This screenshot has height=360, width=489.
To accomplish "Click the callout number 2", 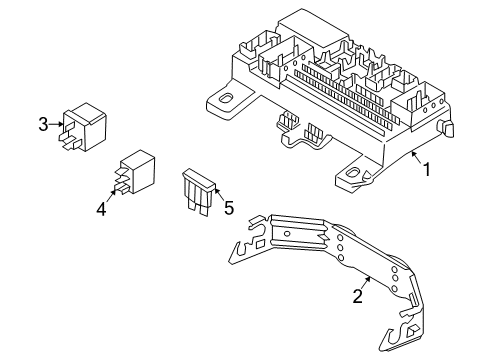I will pyautogui.click(x=356, y=296).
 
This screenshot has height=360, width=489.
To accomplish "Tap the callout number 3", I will pyautogui.click(x=43, y=124).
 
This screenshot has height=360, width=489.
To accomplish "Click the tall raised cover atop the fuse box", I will pyautogui.click(x=309, y=31).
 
